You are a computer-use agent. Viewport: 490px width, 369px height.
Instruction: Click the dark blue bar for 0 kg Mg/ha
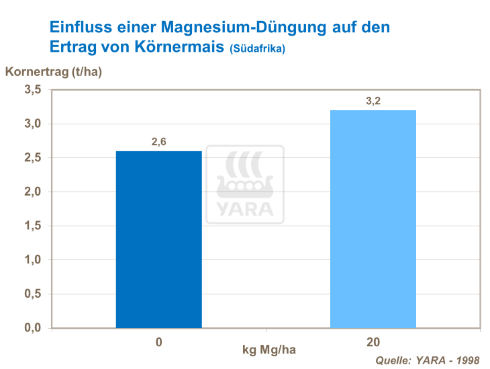click(x=158, y=239)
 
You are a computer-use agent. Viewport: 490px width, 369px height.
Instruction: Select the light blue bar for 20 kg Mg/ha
click(x=373, y=219)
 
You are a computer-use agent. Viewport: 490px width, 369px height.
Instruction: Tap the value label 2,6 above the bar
click(x=158, y=141)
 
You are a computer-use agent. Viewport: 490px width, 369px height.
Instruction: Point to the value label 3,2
click(x=373, y=101)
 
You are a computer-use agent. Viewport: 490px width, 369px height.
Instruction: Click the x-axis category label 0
click(x=158, y=342)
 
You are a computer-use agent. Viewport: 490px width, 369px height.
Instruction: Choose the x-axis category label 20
click(x=373, y=342)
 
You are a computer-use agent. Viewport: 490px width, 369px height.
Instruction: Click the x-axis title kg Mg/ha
click(x=268, y=350)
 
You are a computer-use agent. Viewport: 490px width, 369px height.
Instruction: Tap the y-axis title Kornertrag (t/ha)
click(x=54, y=72)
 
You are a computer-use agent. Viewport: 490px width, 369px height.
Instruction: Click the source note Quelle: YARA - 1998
click(x=428, y=360)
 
